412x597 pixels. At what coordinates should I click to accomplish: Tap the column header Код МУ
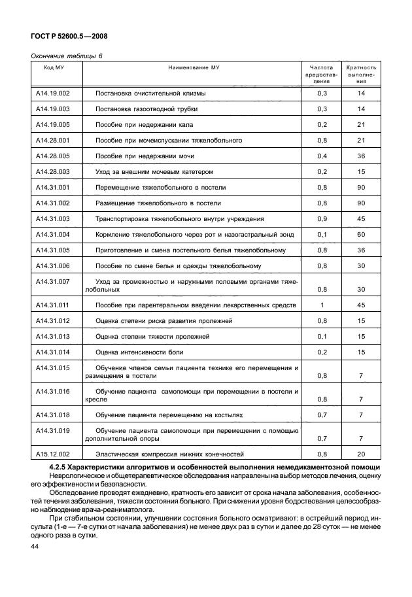click(x=54, y=67)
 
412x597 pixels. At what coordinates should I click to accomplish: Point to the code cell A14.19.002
click(x=53, y=94)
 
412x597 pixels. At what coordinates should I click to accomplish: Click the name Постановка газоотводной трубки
click(x=146, y=109)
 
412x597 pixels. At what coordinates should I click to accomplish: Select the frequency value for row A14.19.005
click(x=322, y=125)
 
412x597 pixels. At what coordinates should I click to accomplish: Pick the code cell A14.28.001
click(x=53, y=141)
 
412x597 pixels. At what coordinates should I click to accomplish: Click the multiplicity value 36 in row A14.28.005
click(x=361, y=156)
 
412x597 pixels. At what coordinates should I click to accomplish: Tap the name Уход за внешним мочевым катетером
click(x=154, y=172)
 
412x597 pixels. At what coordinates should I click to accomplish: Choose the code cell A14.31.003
click(x=53, y=218)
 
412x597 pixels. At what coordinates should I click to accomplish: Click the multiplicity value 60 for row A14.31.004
click(x=361, y=234)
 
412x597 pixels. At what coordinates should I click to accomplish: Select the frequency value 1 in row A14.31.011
click(x=322, y=305)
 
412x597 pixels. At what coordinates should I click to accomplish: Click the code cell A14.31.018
click(x=53, y=415)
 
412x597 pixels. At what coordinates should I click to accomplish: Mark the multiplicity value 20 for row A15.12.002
click(x=361, y=454)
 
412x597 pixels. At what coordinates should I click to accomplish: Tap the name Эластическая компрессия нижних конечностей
click(x=169, y=454)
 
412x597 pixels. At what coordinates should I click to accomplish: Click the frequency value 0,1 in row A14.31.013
click(x=322, y=336)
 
